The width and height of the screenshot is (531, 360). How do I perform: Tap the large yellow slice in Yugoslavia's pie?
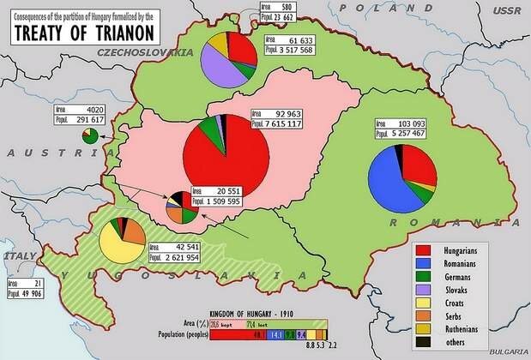(117, 247)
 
